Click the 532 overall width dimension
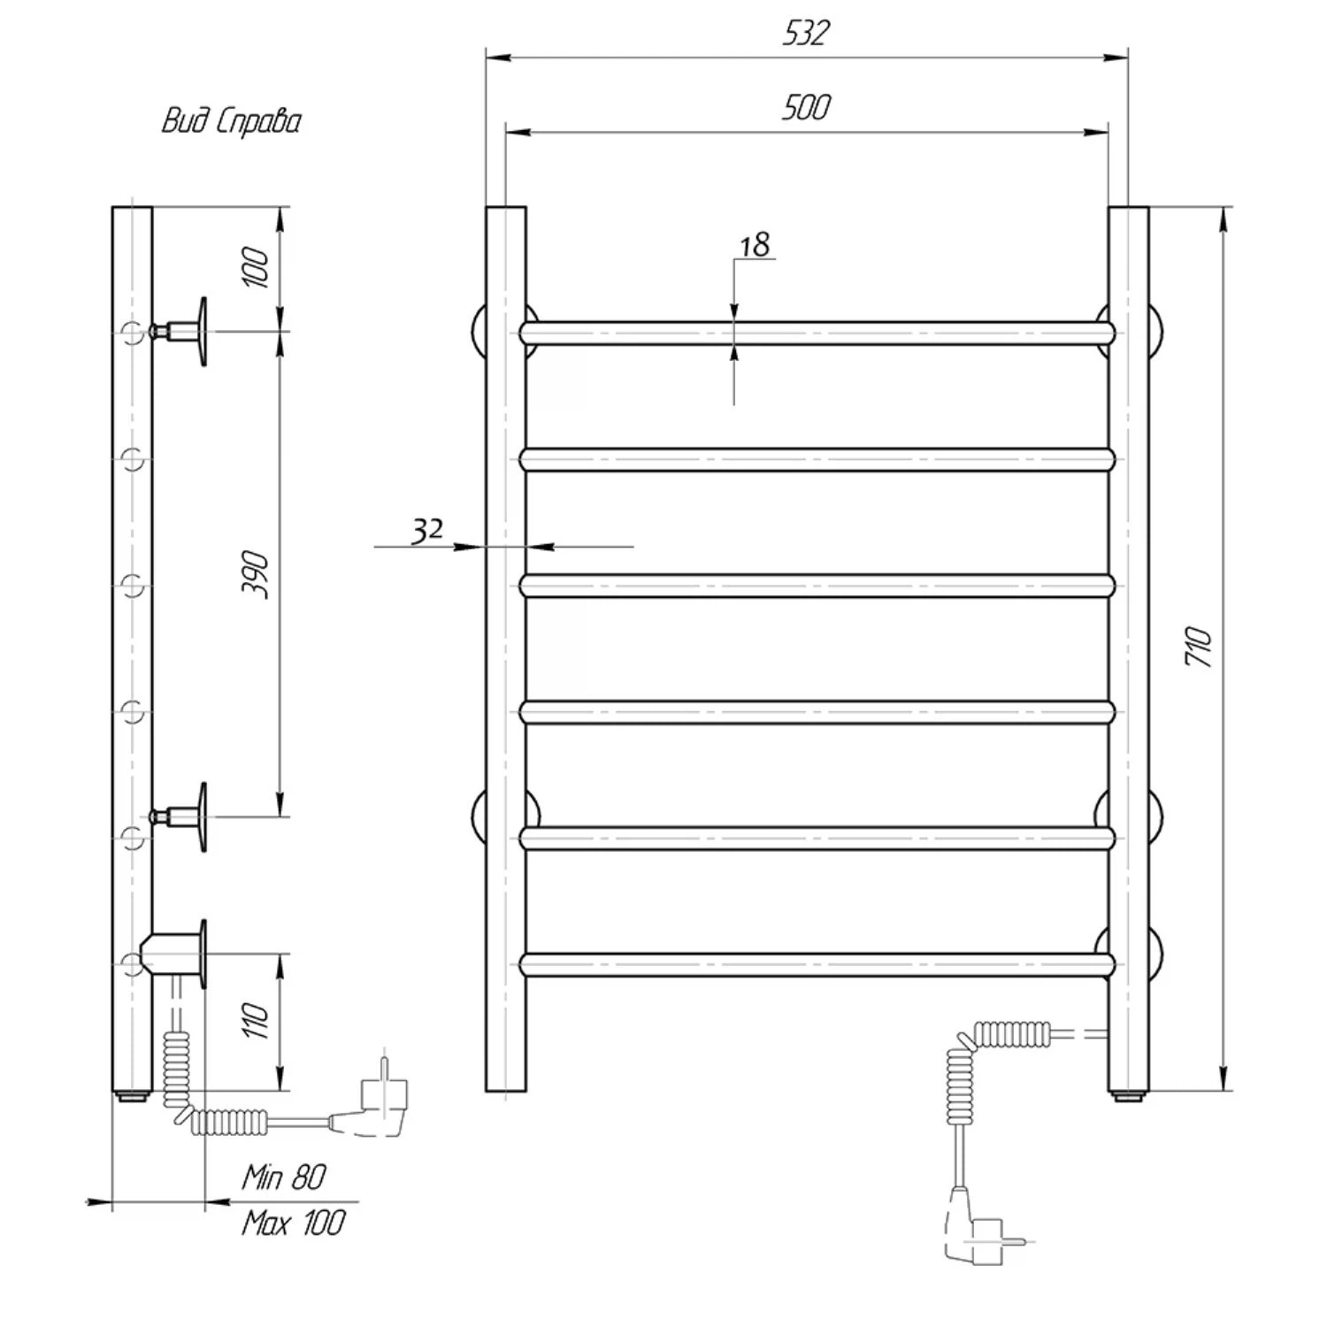coord(806,33)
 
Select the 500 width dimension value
coord(806,107)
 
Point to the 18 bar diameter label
coord(755,244)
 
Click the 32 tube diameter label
coord(427,530)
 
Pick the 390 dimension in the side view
coord(256,573)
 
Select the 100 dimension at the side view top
coord(256,267)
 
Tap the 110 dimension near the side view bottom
coord(256,1021)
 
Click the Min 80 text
coord(284,1177)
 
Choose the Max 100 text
coord(293,1223)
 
